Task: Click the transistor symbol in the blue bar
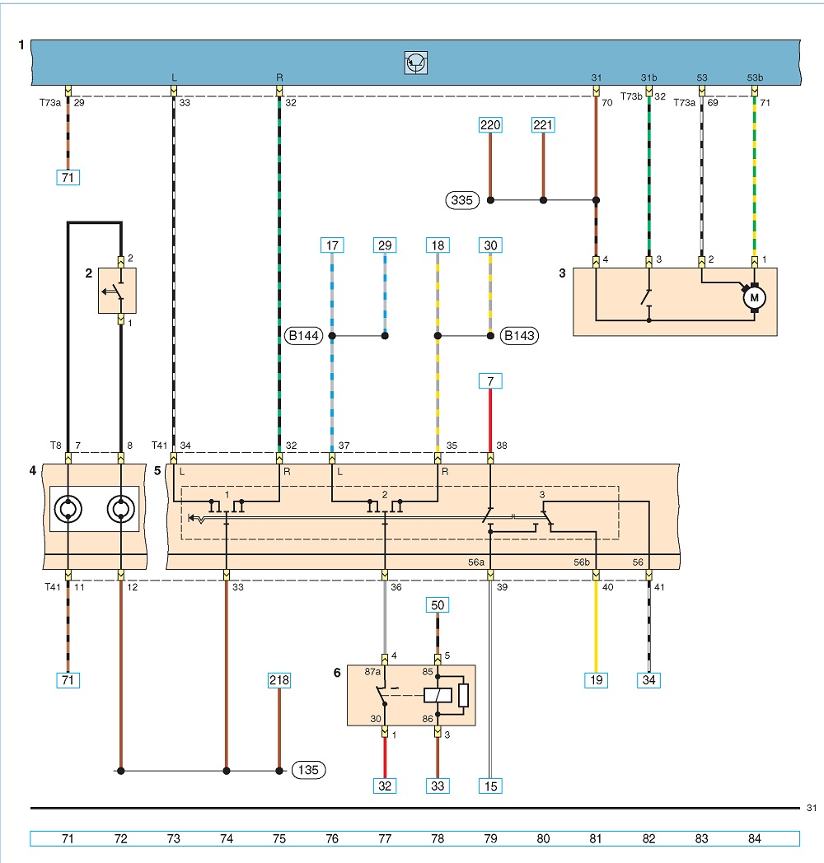416,63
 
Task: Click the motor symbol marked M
754,298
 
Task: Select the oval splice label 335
462,200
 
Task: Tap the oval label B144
303,335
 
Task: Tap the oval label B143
519,335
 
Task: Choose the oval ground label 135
308,769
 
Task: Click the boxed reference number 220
490,125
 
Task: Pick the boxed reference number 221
542,125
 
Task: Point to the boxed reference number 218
279,680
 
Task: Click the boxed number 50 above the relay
438,605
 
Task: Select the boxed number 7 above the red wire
490,381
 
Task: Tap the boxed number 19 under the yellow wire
596,680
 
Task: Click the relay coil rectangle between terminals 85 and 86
438,695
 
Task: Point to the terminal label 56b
582,562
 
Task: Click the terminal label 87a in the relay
372,671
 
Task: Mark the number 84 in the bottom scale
755,839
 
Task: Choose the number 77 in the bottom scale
385,839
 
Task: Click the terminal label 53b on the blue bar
755,77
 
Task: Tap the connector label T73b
631,96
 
